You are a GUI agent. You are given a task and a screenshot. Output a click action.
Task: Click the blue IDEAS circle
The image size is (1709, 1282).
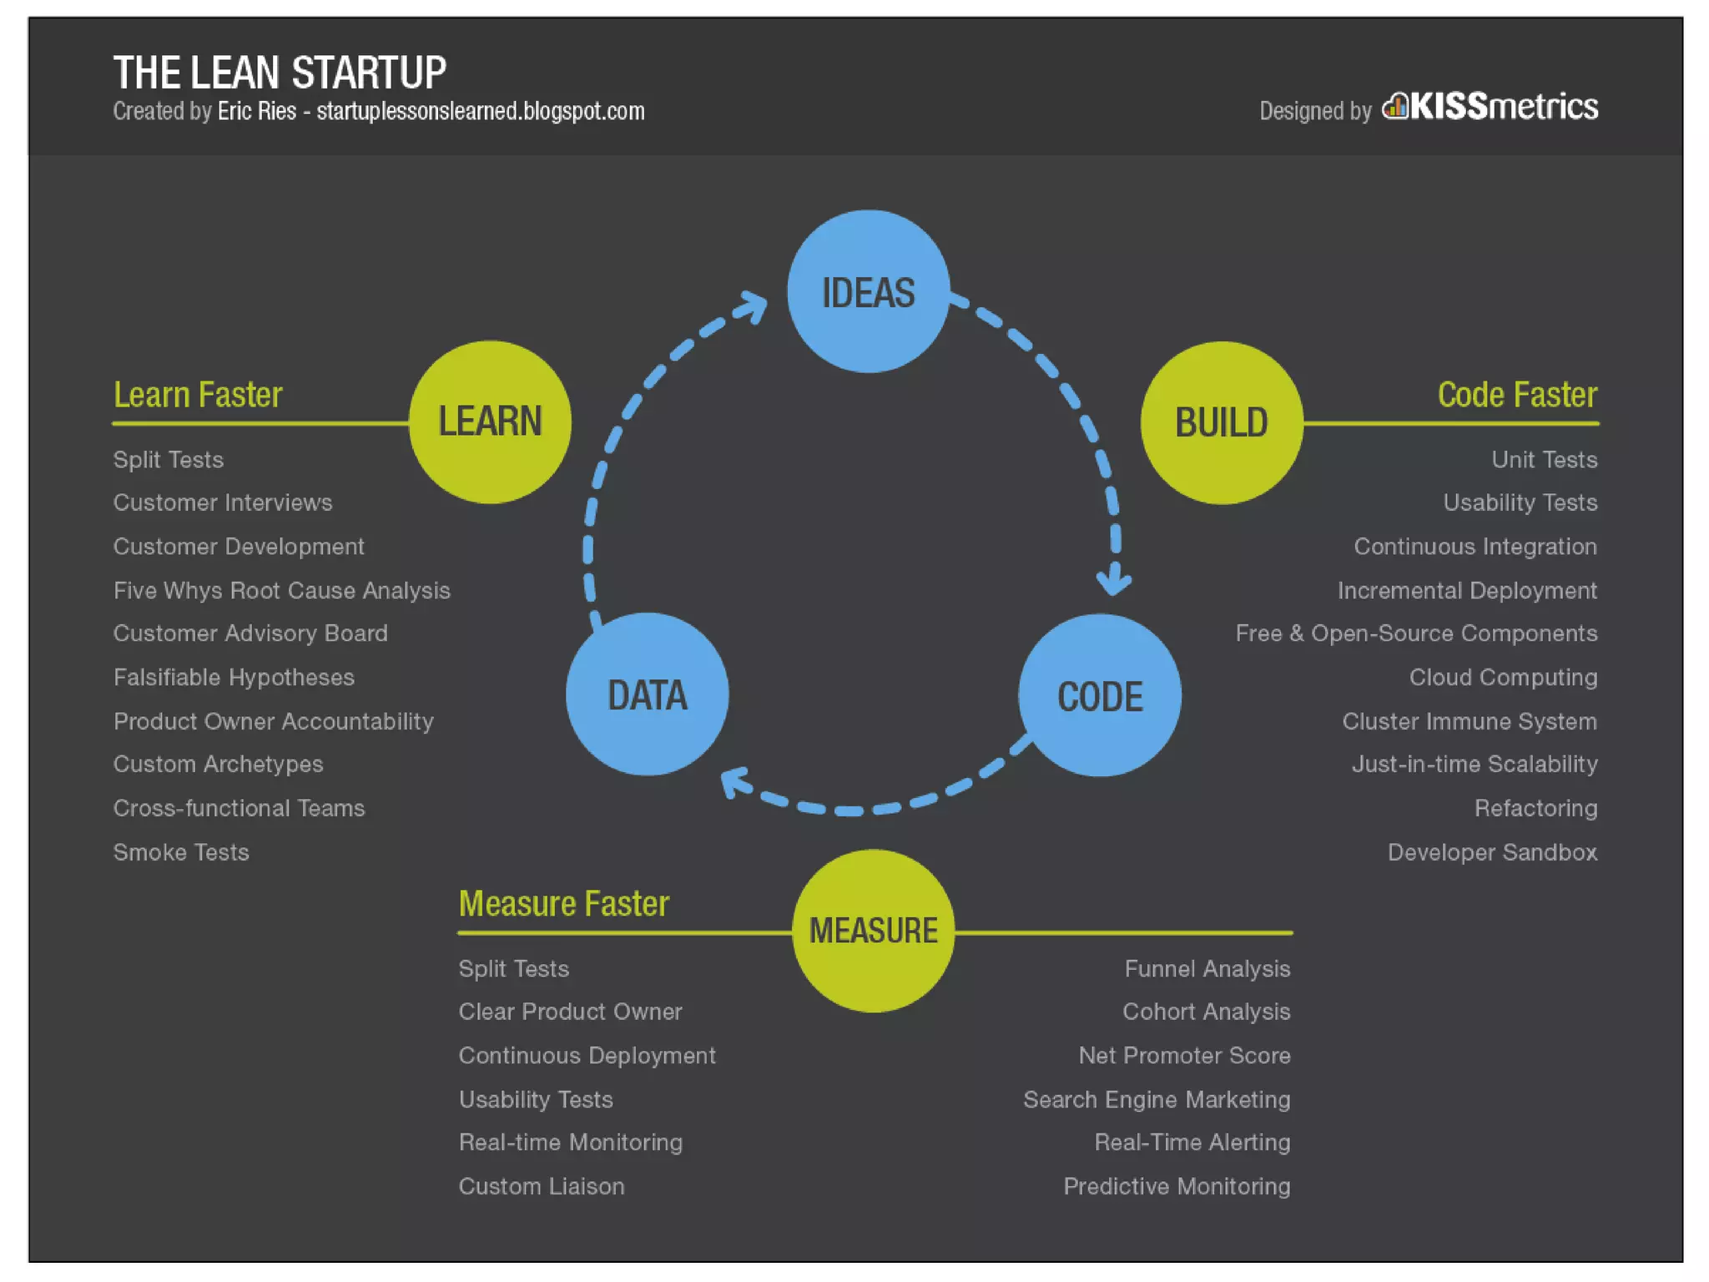pos(868,291)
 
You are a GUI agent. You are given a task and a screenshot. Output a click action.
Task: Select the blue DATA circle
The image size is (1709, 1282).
pos(647,694)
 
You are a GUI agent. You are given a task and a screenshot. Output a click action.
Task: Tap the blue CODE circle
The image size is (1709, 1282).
pos(1099,695)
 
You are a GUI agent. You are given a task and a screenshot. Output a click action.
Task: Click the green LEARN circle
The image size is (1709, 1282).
pos(490,421)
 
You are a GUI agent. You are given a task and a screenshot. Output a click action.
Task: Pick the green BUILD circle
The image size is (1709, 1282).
pos(1222,422)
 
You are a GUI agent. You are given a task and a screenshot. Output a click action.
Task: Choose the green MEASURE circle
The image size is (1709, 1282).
pos(873,931)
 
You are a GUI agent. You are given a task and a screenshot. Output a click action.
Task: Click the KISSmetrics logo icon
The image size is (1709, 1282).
pos(1394,107)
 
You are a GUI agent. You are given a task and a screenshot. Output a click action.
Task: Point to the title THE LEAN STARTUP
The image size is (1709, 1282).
pos(280,73)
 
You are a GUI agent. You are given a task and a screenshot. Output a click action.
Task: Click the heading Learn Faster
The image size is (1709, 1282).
pos(198,395)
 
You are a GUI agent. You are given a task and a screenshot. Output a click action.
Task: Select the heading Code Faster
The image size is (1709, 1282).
pos(1516,395)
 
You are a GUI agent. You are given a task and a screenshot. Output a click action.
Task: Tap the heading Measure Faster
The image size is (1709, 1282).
pos(563,904)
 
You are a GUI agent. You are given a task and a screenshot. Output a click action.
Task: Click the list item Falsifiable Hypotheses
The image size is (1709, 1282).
pos(234,677)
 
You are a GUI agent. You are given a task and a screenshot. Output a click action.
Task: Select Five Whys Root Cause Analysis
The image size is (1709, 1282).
pos(281,590)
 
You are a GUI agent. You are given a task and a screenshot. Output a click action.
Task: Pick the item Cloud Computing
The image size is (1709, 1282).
pos(1503,677)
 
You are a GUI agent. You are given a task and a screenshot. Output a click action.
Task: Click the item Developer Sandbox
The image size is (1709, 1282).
pos(1492,852)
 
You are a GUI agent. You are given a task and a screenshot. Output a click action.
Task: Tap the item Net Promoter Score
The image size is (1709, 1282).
pos(1184,1055)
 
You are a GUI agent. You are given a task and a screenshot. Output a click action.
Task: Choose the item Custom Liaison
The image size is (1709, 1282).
pos(541,1186)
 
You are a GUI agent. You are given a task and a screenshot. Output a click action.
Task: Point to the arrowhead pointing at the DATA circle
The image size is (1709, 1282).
pos(734,783)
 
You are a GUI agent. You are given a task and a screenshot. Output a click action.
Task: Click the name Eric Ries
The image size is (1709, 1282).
pos(256,112)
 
